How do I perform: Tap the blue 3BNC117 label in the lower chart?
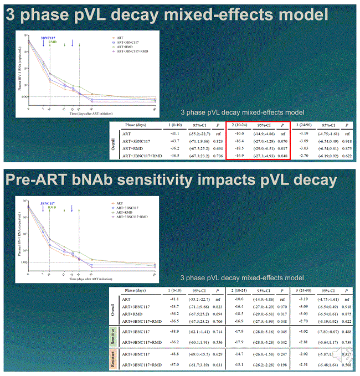48,203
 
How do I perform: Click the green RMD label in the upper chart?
52,42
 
